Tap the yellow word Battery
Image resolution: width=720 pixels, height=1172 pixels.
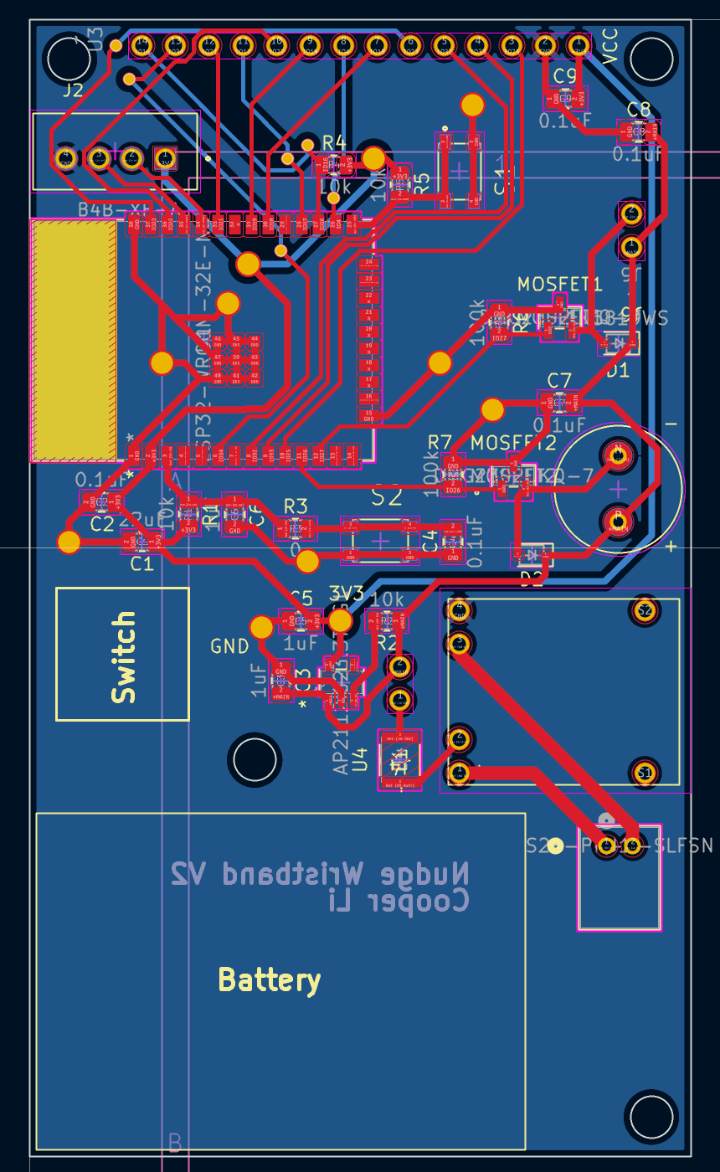point(269,979)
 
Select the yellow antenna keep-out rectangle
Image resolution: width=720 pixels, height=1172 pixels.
point(74,341)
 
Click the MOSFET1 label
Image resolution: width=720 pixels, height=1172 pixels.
point(559,284)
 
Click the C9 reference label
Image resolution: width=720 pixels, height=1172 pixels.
point(565,75)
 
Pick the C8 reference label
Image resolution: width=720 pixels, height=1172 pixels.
point(638,109)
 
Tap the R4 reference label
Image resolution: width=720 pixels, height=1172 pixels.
point(333,141)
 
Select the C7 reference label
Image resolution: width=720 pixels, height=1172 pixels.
point(558,380)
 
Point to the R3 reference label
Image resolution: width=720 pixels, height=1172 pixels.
point(296,506)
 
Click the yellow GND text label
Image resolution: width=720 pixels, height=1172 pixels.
point(229,646)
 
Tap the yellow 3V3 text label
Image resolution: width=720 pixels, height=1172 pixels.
point(347,593)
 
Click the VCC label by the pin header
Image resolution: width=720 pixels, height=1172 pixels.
point(609,47)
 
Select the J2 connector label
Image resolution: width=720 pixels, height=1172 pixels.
point(74,90)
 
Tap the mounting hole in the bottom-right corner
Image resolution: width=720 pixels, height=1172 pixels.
point(651,1114)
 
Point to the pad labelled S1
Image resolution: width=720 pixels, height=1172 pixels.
point(643,772)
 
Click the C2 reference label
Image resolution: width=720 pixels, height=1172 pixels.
point(102,524)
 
